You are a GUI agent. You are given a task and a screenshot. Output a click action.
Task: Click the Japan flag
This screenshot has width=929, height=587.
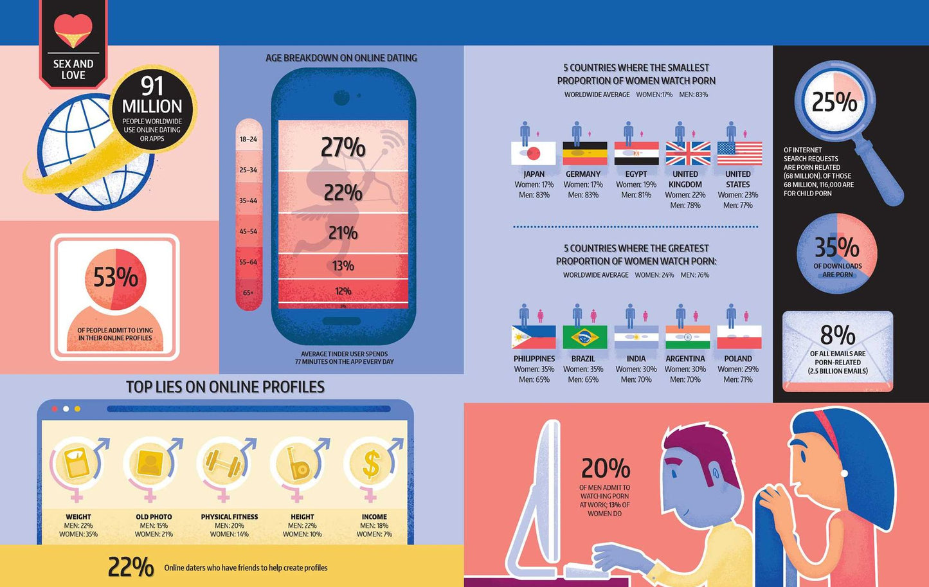[534, 154]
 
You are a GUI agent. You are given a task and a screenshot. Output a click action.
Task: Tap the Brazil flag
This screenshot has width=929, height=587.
[585, 337]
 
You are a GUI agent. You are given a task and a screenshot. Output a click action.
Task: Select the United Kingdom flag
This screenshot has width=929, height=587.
[688, 154]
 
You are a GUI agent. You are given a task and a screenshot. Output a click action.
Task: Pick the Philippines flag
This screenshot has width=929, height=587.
[534, 337]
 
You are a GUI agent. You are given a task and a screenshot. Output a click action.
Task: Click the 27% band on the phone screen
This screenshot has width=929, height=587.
[343, 145]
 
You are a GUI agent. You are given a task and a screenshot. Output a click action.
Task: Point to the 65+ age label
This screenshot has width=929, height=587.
[248, 293]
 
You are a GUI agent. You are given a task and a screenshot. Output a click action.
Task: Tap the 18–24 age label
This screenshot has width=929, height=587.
[248, 140]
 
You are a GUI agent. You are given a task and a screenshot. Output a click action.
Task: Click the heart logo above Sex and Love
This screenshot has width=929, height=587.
[73, 30]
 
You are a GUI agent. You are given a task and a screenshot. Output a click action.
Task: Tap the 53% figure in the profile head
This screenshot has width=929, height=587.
[115, 277]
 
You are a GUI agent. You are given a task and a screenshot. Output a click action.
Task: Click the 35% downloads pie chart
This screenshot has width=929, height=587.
[837, 253]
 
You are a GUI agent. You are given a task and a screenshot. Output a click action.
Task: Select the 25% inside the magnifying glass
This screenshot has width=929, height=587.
[834, 102]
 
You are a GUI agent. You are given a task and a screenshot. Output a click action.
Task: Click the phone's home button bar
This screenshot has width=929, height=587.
[341, 321]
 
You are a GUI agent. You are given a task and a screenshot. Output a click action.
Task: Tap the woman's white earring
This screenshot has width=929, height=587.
[843, 473]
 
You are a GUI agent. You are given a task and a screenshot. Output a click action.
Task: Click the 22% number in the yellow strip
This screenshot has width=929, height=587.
[131, 567]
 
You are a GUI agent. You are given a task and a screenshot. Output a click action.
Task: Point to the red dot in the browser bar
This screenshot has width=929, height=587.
[55, 409]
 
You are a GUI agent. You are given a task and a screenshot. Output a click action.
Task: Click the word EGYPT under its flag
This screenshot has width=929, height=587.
[636, 174]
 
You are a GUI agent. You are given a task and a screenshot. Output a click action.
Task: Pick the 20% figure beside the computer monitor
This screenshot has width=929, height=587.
[606, 468]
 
